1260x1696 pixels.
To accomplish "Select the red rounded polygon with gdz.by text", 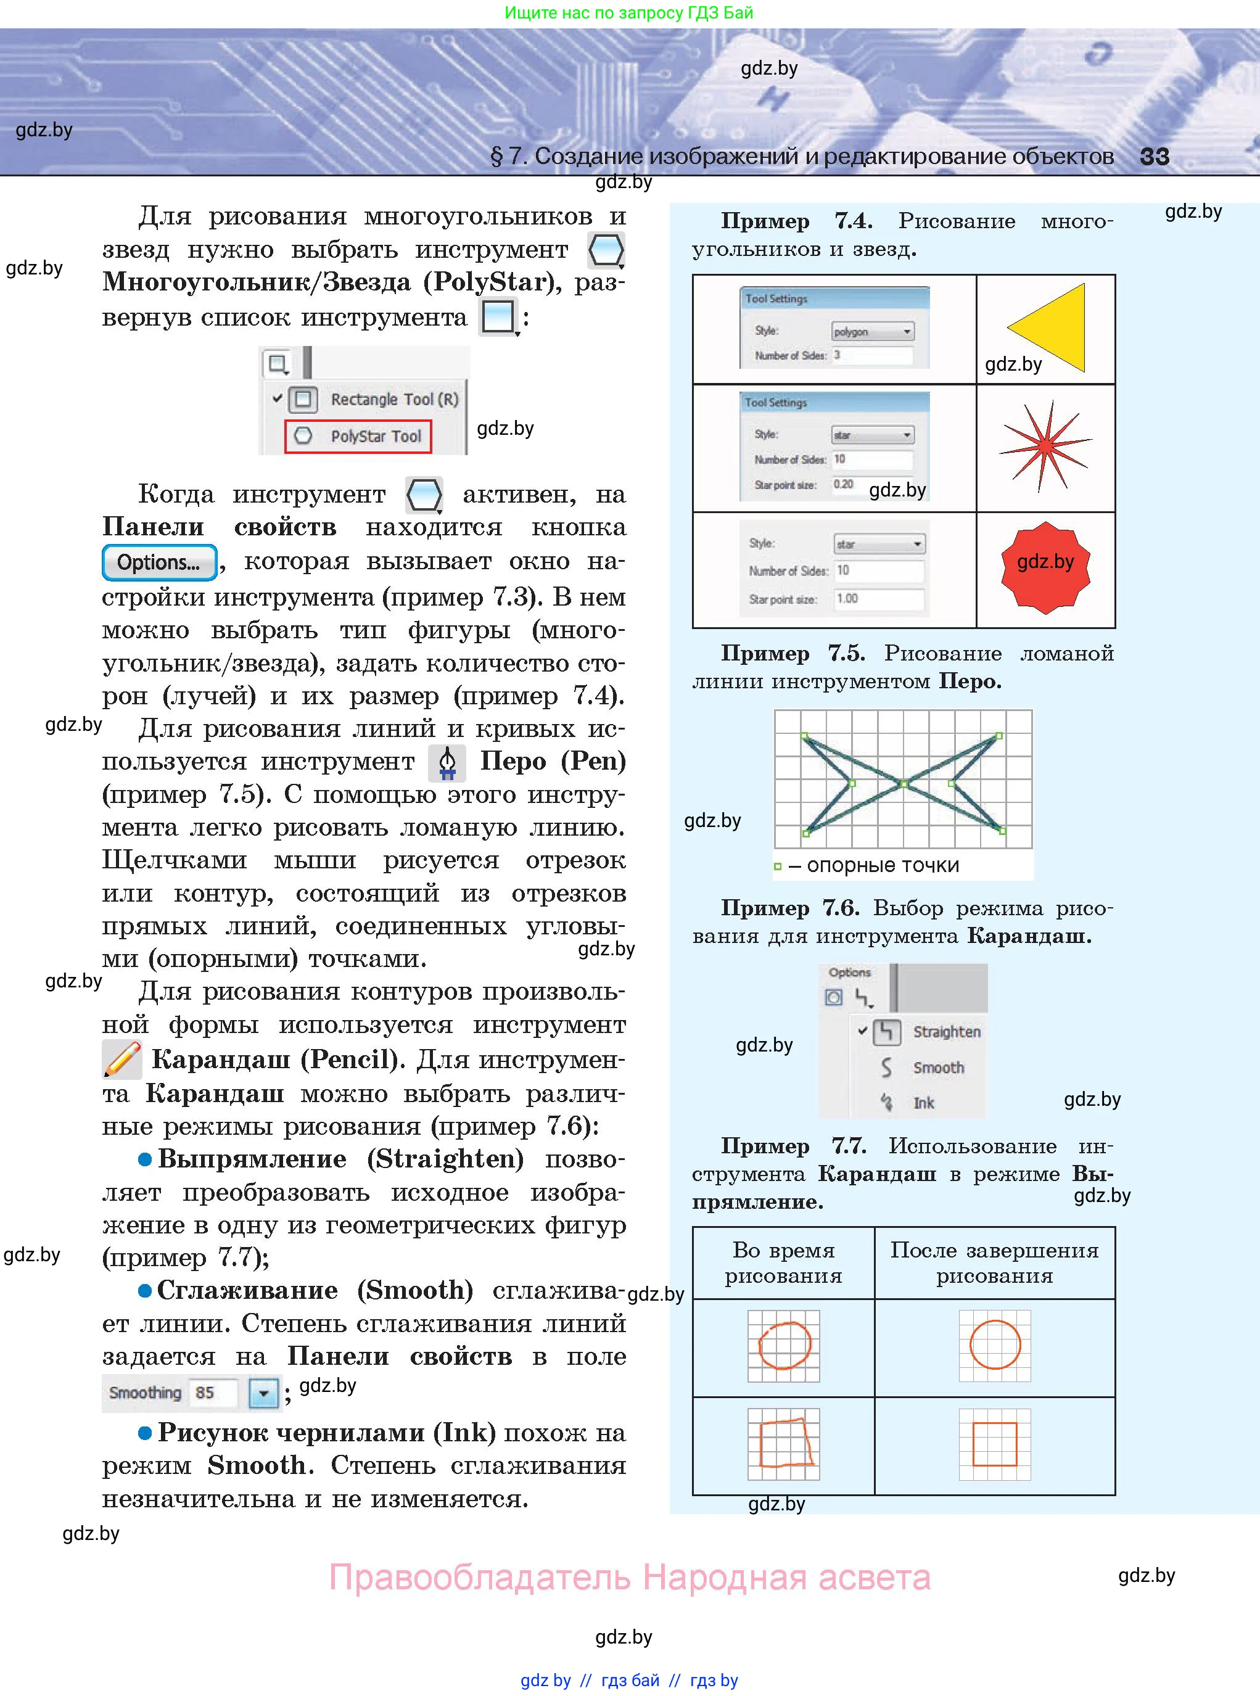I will (x=1045, y=568).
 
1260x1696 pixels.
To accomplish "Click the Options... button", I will (x=159, y=563).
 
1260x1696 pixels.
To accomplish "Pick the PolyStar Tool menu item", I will (x=358, y=436).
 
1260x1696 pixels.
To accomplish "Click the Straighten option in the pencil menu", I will (x=945, y=1032).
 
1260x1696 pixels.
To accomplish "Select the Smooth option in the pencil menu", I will (x=938, y=1068).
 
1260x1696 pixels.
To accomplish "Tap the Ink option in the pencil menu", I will (x=923, y=1103).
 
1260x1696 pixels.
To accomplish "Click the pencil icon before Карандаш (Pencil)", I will (x=122, y=1060).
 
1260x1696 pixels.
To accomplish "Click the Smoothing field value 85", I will (x=205, y=1393).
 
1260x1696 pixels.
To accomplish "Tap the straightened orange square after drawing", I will (x=995, y=1444).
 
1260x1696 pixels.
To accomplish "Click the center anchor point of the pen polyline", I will (x=904, y=783).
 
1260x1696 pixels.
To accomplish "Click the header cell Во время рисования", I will (x=783, y=1263).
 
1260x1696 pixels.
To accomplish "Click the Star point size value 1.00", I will (x=878, y=599).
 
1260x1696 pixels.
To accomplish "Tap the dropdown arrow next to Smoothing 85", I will (x=263, y=1393).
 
